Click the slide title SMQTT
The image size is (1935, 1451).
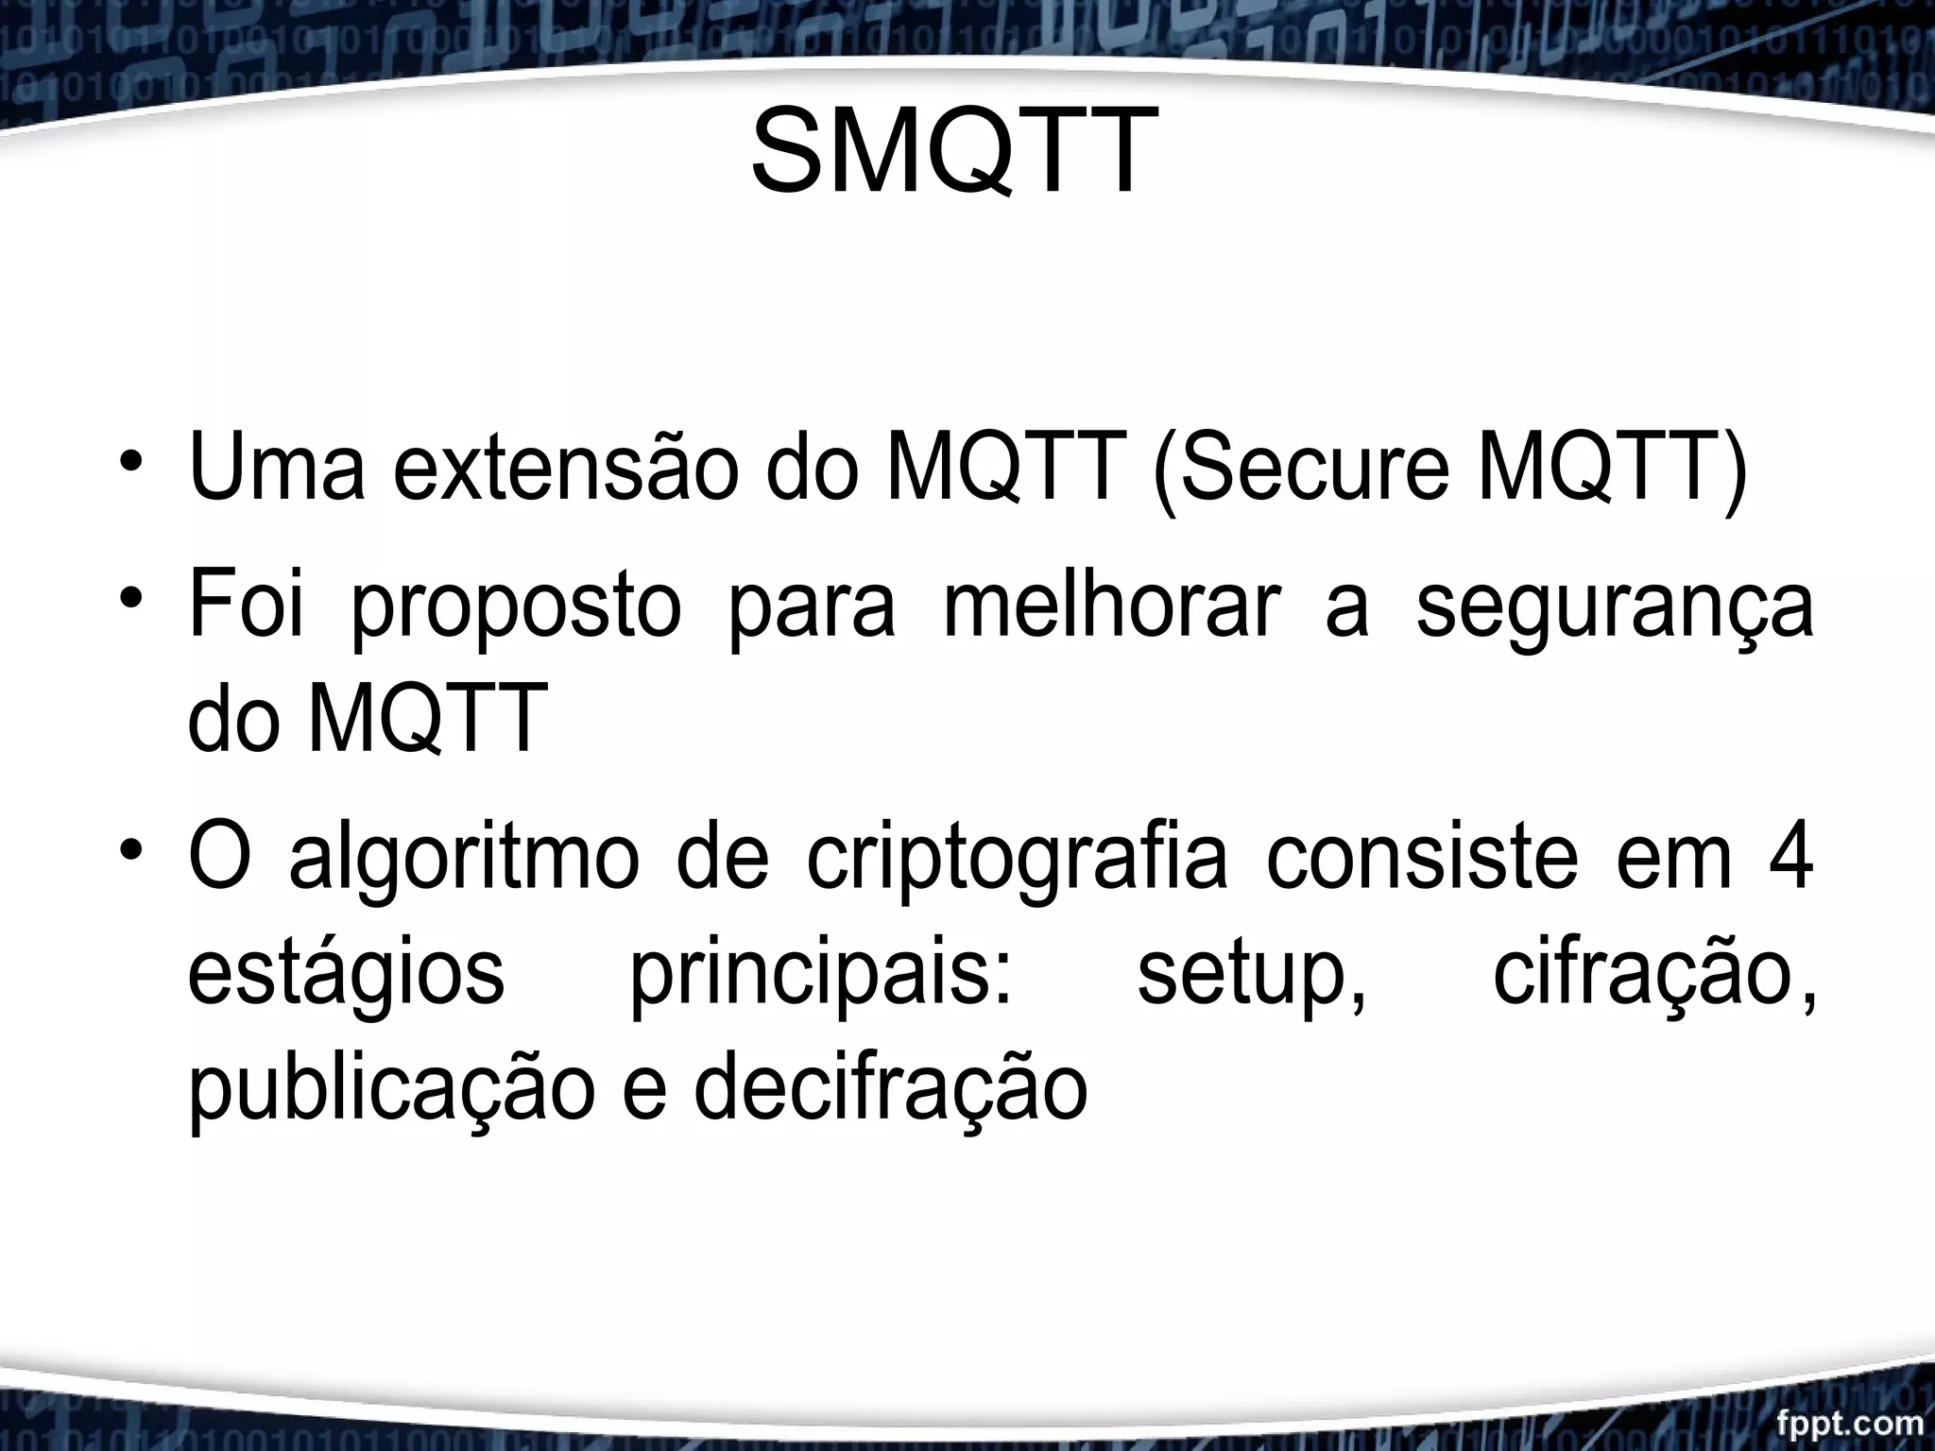click(x=954, y=151)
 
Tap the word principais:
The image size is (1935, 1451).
click(x=820, y=979)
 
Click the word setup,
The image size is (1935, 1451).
click(x=1252, y=979)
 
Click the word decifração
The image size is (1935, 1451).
click(x=891, y=1089)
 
